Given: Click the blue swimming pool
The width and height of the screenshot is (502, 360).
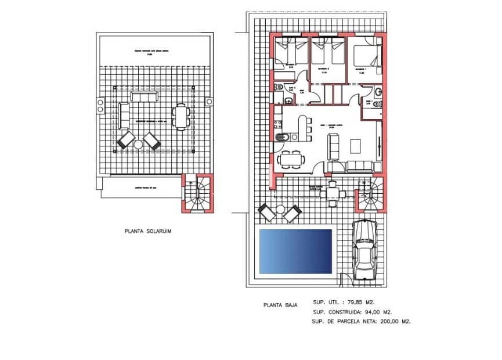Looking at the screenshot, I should tap(295, 251).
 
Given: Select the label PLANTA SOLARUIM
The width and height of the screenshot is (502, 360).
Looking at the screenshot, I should tap(148, 231).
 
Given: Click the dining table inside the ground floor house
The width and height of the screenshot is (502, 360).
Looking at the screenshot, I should tap(290, 158).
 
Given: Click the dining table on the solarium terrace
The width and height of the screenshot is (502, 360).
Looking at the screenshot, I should tap(182, 116).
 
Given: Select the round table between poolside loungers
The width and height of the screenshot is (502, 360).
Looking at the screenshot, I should tap(280, 210).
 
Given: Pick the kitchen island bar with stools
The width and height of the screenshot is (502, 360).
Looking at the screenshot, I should tap(302, 128).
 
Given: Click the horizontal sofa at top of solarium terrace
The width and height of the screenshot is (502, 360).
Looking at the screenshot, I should tap(142, 96).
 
